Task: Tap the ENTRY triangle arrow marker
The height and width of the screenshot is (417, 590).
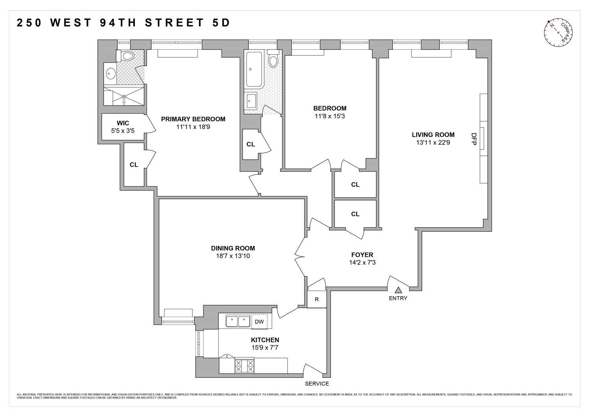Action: pyautogui.click(x=398, y=290)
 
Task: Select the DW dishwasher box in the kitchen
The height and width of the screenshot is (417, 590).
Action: pyautogui.click(x=259, y=321)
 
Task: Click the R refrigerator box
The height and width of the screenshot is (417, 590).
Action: pyautogui.click(x=317, y=299)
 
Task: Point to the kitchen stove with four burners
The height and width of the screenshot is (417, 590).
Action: pyautogui.click(x=244, y=366)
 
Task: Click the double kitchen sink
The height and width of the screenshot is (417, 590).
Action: pyautogui.click(x=238, y=321)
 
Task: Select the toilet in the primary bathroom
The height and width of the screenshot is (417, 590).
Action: pyautogui.click(x=126, y=56)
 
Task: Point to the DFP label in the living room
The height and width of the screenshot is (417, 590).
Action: pyautogui.click(x=474, y=139)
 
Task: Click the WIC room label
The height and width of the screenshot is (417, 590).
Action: pyautogui.click(x=123, y=123)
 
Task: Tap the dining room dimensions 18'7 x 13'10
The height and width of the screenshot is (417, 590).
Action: pyautogui.click(x=233, y=256)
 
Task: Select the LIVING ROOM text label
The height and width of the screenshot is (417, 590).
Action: pyautogui.click(x=433, y=135)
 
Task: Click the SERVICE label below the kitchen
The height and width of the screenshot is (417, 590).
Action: pyautogui.click(x=317, y=384)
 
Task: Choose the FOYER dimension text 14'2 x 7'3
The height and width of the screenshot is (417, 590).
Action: pyautogui.click(x=362, y=262)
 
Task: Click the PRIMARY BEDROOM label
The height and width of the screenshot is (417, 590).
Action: pyautogui.click(x=193, y=119)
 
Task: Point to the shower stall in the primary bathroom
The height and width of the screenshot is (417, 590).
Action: pyautogui.click(x=124, y=96)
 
